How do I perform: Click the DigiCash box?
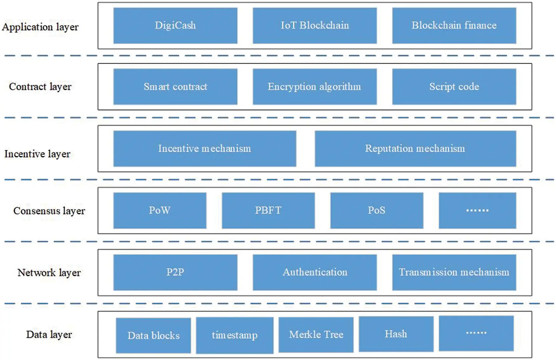175,25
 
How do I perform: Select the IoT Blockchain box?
315,25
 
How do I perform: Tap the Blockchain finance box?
454,25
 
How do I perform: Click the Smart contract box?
175,86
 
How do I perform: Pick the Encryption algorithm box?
315,86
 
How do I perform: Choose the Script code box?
454,86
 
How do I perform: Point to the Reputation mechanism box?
415,148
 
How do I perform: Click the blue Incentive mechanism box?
205,148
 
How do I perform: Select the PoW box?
159,210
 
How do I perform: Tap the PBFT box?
268,210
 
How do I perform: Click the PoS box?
376,210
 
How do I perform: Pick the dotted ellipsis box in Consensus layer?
477,210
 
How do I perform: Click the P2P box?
175,272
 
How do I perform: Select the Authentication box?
315,272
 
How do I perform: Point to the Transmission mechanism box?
454,272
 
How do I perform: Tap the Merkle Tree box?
316,335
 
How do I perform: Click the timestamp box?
234,335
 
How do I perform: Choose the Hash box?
396,334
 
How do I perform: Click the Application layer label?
40,27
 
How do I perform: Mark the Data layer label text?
49,335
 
